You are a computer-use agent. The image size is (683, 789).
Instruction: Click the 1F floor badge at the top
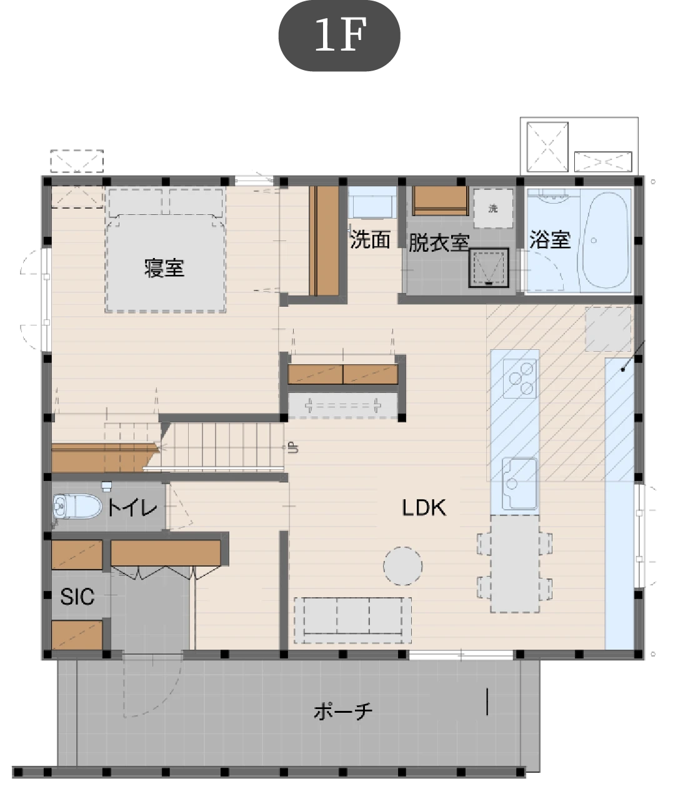coord(339,36)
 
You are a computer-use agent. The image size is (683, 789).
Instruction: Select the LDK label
coord(424,508)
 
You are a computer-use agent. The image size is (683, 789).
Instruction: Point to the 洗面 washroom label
coord(370,240)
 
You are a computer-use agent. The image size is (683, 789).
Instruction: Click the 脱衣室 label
coord(439,242)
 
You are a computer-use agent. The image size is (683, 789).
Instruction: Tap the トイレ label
coord(132,508)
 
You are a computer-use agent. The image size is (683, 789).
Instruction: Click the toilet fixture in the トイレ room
coord(77,507)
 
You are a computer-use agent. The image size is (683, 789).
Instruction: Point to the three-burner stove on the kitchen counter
coord(520,379)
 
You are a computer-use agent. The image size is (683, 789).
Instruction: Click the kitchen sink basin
coord(519,484)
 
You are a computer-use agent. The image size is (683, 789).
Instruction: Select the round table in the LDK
coord(402,566)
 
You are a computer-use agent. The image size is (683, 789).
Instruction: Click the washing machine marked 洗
coord(493,209)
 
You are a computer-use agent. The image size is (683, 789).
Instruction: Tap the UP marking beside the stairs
coord(292,447)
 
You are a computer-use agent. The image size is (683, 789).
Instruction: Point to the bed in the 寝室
coord(166,250)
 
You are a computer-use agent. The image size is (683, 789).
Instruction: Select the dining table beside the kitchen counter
coord(515,563)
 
